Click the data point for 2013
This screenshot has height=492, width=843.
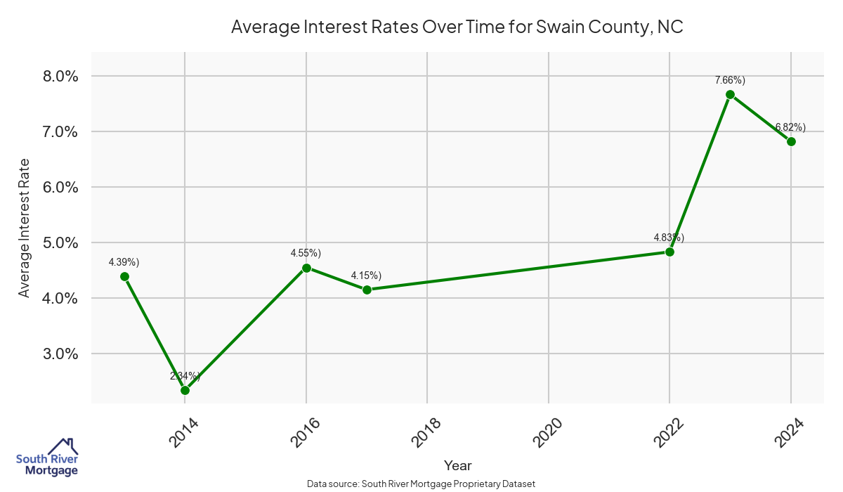coord(124,276)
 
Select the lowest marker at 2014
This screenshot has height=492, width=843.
coord(185,390)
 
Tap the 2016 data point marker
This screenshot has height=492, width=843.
coord(306,268)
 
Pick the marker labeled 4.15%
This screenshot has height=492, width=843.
coord(367,290)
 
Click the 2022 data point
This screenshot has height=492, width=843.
coord(669,252)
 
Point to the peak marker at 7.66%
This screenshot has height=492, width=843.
coord(730,94)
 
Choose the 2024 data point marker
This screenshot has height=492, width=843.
coord(791,141)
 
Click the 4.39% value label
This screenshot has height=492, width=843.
coord(124,262)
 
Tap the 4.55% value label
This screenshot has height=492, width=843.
coord(306,253)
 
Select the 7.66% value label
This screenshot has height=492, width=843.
coord(730,80)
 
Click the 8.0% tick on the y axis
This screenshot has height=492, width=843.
coord(59,76)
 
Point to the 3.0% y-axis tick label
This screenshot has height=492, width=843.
coord(59,354)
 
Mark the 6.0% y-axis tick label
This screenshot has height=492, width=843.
coord(59,187)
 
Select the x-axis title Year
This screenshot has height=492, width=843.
coord(458,465)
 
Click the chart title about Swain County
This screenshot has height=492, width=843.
coord(457,27)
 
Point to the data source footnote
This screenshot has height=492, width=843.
coord(421,484)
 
